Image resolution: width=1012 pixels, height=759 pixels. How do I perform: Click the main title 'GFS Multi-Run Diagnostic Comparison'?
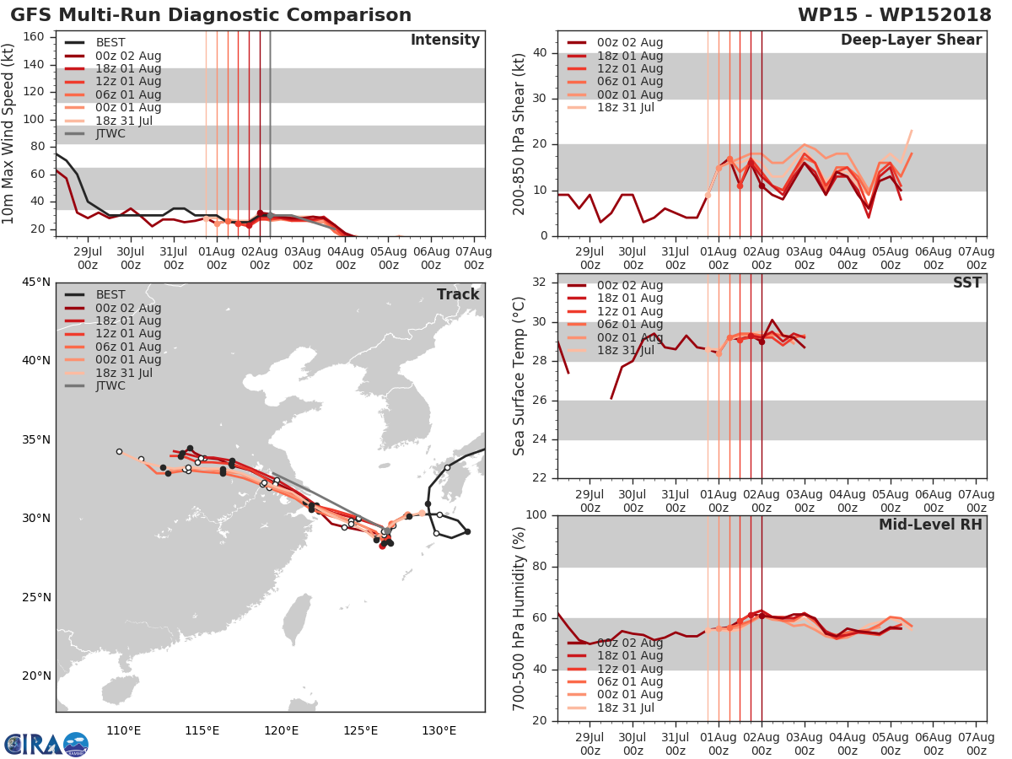[x=211, y=15]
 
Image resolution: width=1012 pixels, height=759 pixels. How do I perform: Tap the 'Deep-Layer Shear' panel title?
[x=911, y=40]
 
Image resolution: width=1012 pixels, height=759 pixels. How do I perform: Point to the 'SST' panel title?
[x=966, y=283]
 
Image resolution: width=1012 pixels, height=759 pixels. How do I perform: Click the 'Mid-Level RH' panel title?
[x=930, y=525]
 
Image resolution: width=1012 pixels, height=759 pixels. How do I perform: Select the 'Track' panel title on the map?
[x=458, y=294]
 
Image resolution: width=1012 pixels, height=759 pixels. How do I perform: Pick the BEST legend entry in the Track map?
[x=110, y=295]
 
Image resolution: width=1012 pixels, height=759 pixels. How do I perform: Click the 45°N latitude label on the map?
[x=35, y=282]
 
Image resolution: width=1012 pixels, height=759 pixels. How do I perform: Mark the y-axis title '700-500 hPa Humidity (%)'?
[x=519, y=617]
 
